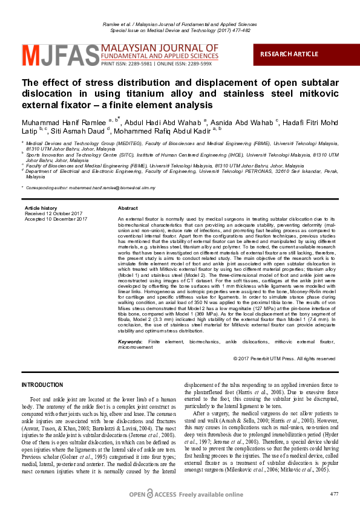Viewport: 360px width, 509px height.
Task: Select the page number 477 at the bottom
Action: point(335,494)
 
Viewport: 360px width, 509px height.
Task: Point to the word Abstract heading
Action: point(128,207)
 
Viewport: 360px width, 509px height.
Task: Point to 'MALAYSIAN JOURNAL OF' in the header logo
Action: point(160,47)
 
